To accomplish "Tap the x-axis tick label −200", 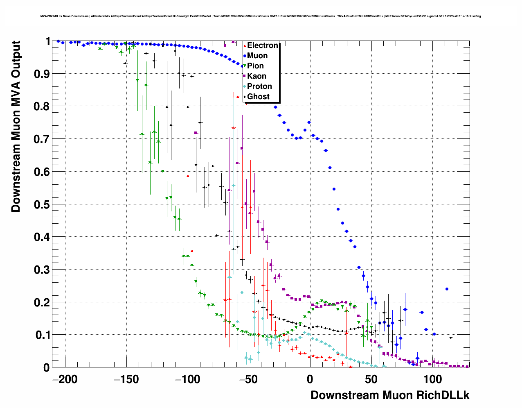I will coord(65,379).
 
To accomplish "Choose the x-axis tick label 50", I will coord(371,379).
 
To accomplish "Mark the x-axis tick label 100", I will coord(432,379).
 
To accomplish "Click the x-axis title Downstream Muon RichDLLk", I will coord(390,395).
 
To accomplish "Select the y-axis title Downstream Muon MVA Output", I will coord(16,126).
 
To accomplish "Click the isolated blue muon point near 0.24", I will coord(447,289).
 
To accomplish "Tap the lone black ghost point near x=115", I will coord(451,338).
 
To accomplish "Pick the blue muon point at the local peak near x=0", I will coord(309,122).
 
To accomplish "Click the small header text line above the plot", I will coord(261,16).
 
